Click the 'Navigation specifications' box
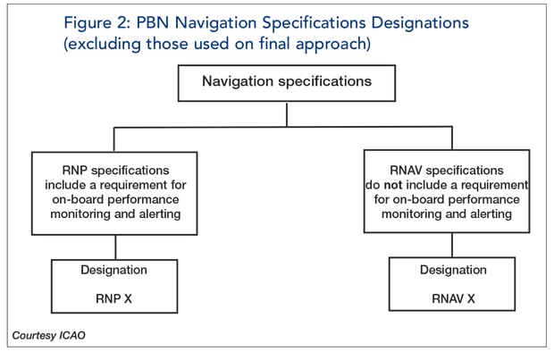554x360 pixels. coord(287,82)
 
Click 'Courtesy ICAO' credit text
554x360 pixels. coord(50,335)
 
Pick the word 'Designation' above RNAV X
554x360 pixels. coord(451,269)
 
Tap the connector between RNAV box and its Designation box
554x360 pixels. coord(451,247)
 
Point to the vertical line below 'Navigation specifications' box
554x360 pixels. coord(287,114)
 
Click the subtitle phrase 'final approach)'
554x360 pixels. coord(350,41)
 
